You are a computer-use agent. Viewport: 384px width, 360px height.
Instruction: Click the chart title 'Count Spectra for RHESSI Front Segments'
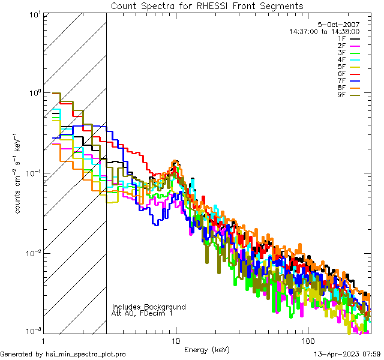pos(207,5)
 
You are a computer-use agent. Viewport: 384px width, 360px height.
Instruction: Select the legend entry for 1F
pos(348,38)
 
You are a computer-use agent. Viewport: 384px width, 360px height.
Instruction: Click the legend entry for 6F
pos(348,74)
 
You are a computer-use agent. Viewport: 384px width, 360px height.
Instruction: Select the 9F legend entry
pos(348,95)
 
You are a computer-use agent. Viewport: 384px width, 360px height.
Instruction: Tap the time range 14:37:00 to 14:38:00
pos(324,31)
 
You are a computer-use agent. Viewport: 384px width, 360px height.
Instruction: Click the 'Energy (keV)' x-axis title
pos(207,349)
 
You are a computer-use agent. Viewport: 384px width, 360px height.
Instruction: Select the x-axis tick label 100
pos(307,340)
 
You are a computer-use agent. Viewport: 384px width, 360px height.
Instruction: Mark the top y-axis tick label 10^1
pos(34,14)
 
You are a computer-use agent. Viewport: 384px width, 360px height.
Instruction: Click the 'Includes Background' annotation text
pos(149,307)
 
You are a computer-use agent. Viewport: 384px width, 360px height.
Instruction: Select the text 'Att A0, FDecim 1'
pos(142,313)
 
